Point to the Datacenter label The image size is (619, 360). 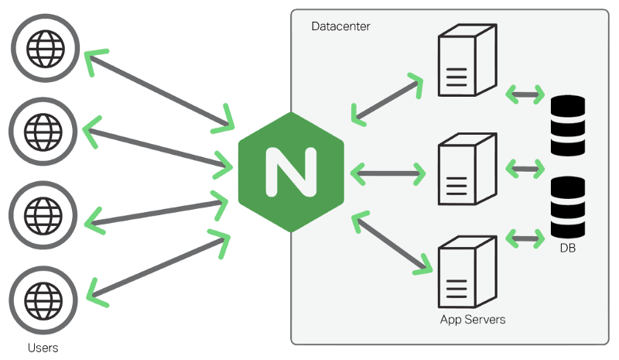[x=340, y=26]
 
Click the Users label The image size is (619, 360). [x=43, y=348]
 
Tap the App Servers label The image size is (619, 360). [x=472, y=319]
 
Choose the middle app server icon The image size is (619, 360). [x=464, y=169]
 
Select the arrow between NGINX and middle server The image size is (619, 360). [x=388, y=173]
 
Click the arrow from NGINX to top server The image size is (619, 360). [x=387, y=99]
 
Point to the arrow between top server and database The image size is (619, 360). [x=523, y=94]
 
